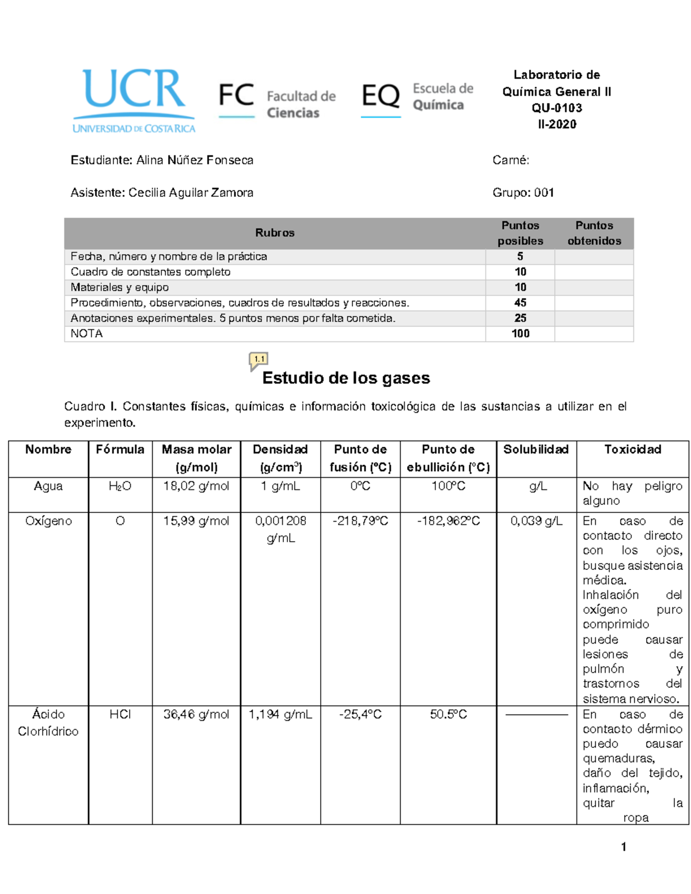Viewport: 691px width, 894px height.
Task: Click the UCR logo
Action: click(134, 101)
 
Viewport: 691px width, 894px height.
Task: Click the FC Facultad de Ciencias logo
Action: click(277, 101)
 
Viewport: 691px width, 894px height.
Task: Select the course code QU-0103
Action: click(556, 108)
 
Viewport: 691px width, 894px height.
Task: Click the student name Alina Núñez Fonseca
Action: click(195, 160)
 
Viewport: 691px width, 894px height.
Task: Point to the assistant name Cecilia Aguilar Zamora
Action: click(191, 193)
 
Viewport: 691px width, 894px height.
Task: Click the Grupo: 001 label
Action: click(523, 193)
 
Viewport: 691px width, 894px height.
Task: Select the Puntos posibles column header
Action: click(520, 233)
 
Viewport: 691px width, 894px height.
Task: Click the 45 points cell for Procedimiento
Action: click(520, 303)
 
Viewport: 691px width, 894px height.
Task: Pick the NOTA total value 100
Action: click(520, 333)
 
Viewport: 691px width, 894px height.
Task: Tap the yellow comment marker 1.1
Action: click(259, 360)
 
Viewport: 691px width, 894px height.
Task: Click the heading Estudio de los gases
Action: click(346, 378)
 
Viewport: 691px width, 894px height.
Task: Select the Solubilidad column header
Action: click(536, 450)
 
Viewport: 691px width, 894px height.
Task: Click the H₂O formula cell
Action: click(120, 486)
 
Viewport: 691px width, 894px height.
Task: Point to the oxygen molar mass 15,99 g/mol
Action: click(196, 521)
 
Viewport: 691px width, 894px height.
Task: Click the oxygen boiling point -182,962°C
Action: click(448, 521)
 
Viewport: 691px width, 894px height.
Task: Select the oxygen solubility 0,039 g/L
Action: click(536, 521)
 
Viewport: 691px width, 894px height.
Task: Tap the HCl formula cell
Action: click(120, 714)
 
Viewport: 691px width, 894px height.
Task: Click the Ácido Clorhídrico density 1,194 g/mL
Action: click(280, 714)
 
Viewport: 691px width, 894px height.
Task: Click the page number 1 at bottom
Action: click(624, 846)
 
